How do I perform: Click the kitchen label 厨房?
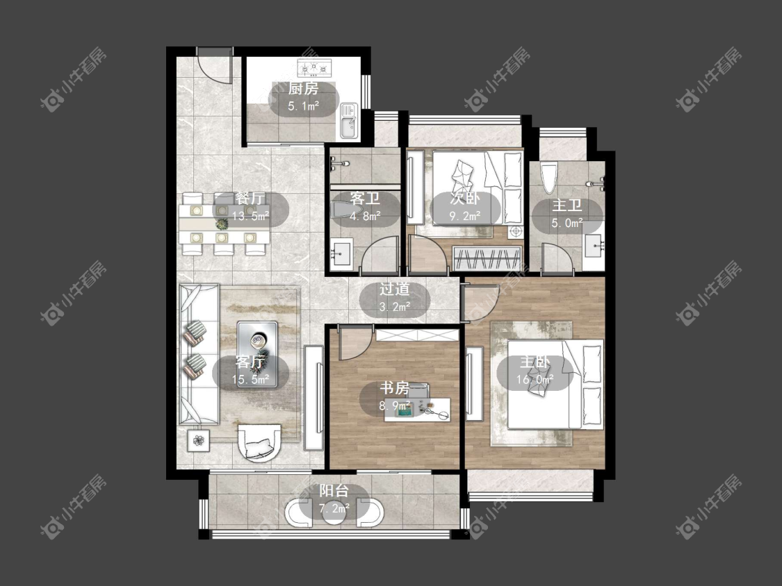[303, 89]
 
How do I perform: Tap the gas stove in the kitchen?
[314, 68]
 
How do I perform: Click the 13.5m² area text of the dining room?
[250, 216]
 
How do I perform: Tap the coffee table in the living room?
[256, 346]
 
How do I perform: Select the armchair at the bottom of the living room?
[259, 442]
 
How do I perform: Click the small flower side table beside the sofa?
[199, 441]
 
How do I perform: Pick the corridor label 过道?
[395, 289]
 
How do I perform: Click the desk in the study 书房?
[418, 410]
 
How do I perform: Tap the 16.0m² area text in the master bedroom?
[535, 379]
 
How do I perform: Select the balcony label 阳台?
[334, 491]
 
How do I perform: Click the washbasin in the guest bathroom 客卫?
[341, 254]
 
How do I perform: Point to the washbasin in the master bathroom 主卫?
[595, 246]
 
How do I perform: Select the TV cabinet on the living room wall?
[313, 398]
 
